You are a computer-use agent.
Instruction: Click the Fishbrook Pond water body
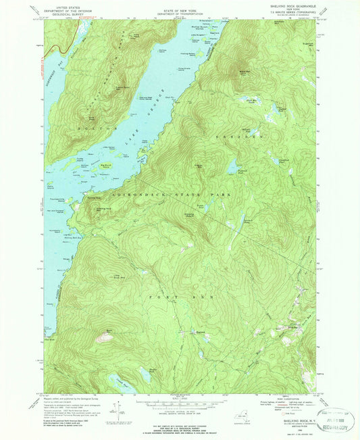click(233, 164)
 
